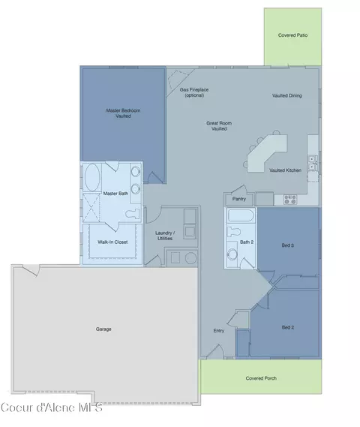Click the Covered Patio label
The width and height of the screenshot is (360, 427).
click(292, 35)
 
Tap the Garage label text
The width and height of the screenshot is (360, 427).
click(103, 329)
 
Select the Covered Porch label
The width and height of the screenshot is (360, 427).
click(261, 378)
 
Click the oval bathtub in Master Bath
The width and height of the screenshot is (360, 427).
click(92, 177)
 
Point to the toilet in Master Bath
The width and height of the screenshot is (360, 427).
click(133, 213)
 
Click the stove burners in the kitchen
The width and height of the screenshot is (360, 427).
click(290, 200)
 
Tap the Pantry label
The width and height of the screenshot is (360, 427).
click(239, 199)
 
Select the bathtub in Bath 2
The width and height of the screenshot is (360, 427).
click(241, 215)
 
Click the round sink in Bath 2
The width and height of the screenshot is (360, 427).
click(232, 254)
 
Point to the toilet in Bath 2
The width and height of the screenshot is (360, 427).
click(233, 232)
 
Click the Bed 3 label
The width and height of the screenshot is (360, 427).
click(287, 245)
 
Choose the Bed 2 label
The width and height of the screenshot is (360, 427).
click(287, 327)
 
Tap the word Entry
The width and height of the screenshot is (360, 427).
click(219, 331)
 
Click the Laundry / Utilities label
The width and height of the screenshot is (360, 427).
click(165, 236)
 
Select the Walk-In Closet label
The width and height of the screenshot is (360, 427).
click(112, 242)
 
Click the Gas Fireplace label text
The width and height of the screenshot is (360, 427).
click(194, 89)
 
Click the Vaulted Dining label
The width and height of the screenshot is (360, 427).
click(286, 95)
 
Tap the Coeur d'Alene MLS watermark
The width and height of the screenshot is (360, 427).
click(52, 407)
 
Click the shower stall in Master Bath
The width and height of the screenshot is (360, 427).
click(91, 208)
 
